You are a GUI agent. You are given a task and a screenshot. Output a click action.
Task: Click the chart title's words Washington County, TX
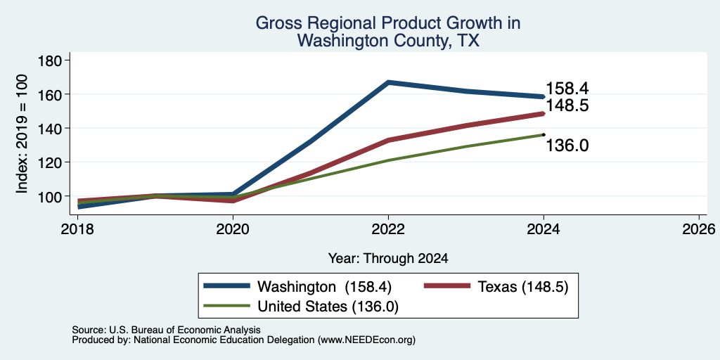click(x=388, y=40)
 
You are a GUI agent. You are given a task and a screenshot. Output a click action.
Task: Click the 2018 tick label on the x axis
click(x=77, y=229)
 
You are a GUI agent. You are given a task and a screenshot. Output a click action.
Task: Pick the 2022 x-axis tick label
click(x=388, y=229)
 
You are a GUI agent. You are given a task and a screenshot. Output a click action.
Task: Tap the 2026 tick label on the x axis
click(x=699, y=229)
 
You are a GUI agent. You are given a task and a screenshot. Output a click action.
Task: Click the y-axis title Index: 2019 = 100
click(x=22, y=134)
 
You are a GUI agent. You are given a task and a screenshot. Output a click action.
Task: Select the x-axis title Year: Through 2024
click(x=388, y=259)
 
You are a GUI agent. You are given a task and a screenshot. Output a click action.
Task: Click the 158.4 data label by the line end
click(x=567, y=88)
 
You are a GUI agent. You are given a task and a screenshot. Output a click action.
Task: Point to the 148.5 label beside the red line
click(x=567, y=106)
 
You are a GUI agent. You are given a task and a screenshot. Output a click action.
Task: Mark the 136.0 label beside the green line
click(x=567, y=146)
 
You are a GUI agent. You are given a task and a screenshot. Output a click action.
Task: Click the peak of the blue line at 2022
click(x=388, y=82)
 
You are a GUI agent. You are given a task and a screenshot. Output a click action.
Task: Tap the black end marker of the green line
click(x=544, y=134)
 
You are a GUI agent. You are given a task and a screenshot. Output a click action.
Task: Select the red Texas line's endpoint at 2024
click(x=544, y=113)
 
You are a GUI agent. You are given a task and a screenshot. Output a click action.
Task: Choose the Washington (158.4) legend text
click(x=324, y=287)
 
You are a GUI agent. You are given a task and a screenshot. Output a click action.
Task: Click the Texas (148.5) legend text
click(x=523, y=287)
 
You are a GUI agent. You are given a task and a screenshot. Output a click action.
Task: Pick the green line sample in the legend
click(x=227, y=306)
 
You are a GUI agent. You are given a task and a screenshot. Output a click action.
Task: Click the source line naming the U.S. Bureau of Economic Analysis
click(x=166, y=330)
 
